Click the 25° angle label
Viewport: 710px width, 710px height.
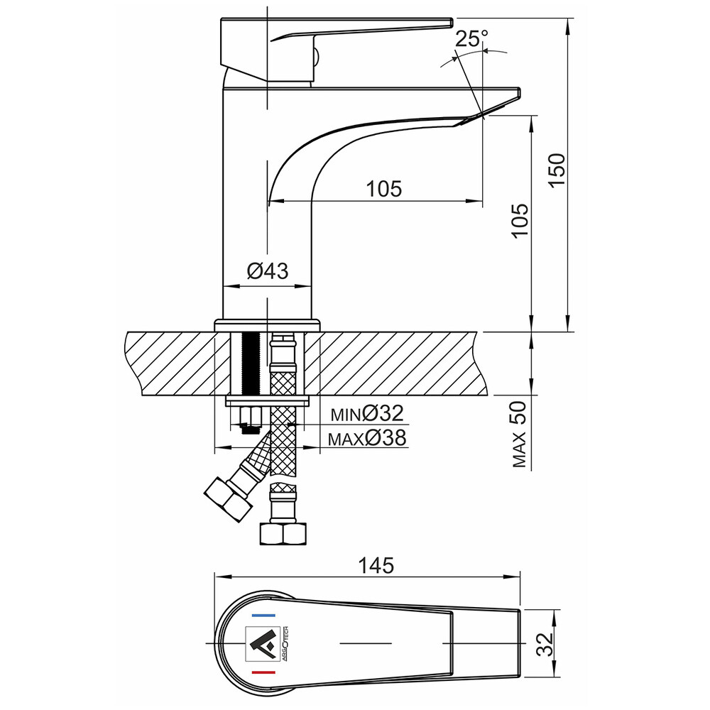click(471, 39)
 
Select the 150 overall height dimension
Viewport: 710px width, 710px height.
click(557, 169)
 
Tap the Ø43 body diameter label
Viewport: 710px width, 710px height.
click(268, 271)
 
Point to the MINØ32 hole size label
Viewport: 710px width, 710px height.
click(367, 413)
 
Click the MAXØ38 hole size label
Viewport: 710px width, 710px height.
click(367, 438)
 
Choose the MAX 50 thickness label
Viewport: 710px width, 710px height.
click(520, 434)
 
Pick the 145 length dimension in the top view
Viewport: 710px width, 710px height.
click(376, 566)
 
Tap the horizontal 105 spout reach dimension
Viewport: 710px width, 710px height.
click(383, 188)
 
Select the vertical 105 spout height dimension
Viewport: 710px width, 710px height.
click(520, 219)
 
